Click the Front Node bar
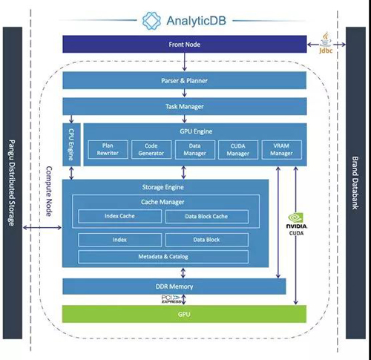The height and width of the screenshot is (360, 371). click(x=185, y=44)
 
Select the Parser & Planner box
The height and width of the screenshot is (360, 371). click(x=185, y=80)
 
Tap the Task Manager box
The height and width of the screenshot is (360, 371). click(x=185, y=106)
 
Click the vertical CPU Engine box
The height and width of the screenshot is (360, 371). click(x=71, y=145)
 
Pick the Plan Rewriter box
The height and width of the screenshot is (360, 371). click(x=108, y=149)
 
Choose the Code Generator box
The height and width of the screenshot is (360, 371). click(x=151, y=149)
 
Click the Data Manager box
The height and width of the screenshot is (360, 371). click(x=195, y=149)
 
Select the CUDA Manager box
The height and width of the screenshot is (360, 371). click(x=238, y=150)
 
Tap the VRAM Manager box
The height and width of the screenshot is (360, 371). click(x=282, y=150)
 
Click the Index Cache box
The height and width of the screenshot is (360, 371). click(x=120, y=216)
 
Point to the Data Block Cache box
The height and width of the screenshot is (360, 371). click(x=207, y=217)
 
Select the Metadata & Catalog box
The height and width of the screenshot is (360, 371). click(x=163, y=257)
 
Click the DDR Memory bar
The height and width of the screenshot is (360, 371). click(x=174, y=287)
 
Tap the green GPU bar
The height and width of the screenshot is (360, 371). click(x=184, y=314)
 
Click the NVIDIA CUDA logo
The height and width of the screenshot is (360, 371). click(x=296, y=224)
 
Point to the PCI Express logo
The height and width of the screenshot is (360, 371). click(x=171, y=299)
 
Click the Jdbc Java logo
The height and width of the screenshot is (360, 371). click(x=326, y=43)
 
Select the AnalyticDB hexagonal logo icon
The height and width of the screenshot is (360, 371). click(x=151, y=21)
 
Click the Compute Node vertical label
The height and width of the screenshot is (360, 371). click(x=49, y=192)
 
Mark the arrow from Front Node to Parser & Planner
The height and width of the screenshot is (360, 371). click(x=184, y=62)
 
